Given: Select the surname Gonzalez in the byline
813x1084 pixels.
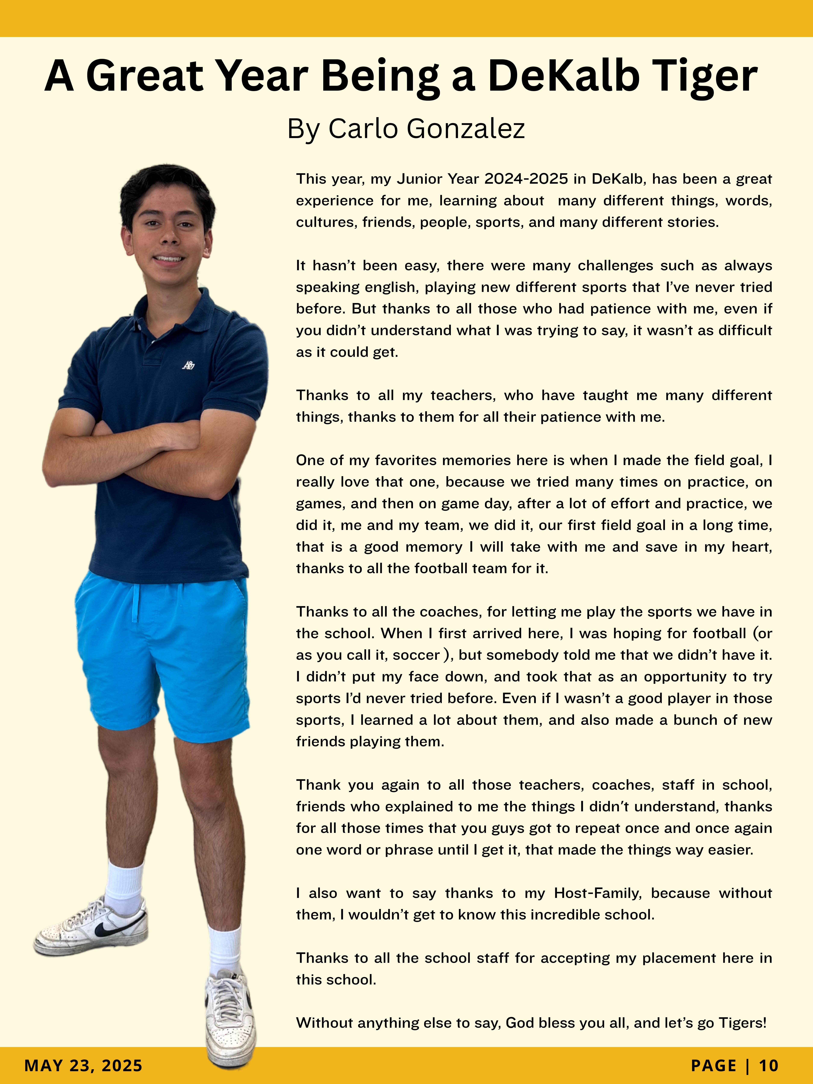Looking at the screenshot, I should (466, 129).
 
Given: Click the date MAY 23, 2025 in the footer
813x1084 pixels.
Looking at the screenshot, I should (83, 1065).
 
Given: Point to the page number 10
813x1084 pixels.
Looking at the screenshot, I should (768, 1065).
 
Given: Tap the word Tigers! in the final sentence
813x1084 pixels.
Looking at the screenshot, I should (742, 1023).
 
